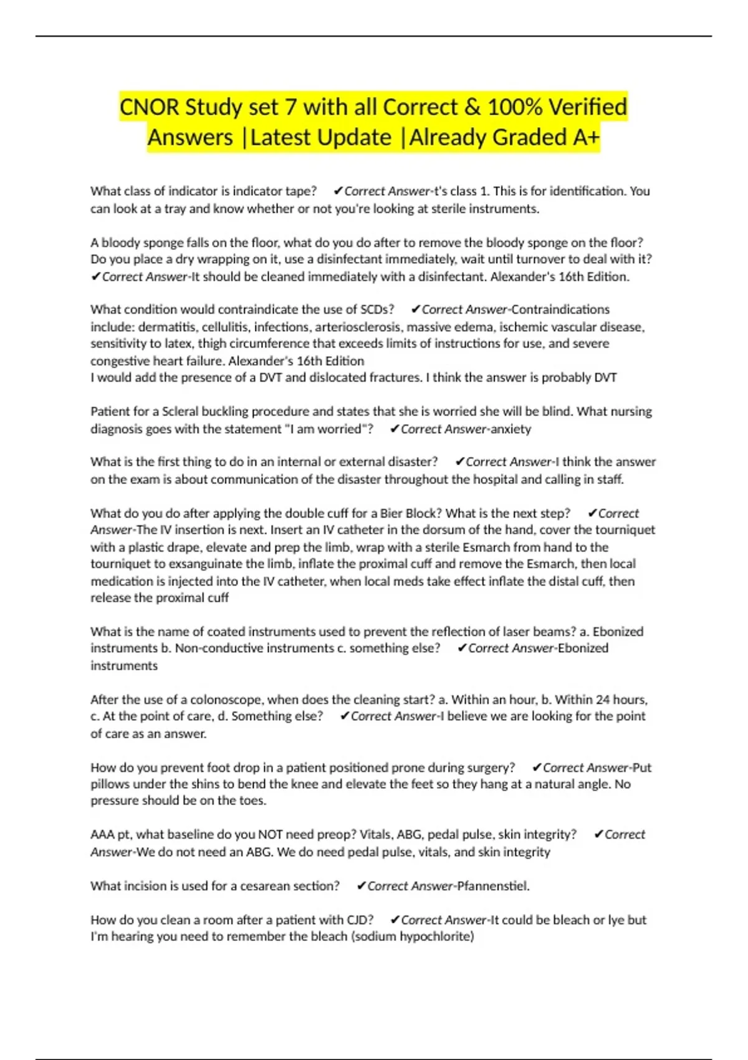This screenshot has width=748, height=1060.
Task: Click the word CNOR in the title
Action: pos(149,107)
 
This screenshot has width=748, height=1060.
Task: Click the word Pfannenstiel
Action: pos(493,886)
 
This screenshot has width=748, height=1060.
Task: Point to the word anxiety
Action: pos(511,429)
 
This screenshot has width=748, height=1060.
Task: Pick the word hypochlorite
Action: pos(436,937)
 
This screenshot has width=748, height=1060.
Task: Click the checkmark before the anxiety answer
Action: pos(394,429)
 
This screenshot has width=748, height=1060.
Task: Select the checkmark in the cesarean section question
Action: pos(361,886)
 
